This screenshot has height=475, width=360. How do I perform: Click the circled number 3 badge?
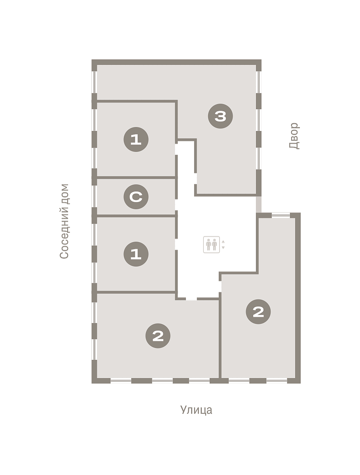point(220,116)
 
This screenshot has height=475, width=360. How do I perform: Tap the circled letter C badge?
point(136,196)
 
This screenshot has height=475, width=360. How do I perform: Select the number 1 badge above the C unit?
point(136,139)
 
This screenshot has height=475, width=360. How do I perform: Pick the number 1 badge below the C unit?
point(136,254)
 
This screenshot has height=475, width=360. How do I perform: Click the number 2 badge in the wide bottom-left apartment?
point(158,336)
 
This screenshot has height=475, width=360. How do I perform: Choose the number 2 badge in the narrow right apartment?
point(258,312)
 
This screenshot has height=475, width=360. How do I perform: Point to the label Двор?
point(294,136)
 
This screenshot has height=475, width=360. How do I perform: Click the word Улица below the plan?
point(196,410)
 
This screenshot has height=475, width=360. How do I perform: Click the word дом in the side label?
point(64,194)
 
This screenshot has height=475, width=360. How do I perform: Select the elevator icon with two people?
point(211,245)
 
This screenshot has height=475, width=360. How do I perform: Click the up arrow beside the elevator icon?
point(223,242)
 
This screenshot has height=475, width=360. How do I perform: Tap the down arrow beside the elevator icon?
point(223,247)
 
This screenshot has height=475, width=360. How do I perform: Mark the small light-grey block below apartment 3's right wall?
point(259,205)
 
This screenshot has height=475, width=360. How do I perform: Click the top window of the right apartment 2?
point(280,215)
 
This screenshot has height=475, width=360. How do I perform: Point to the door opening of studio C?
point(176,205)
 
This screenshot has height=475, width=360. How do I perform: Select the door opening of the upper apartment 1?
point(176,149)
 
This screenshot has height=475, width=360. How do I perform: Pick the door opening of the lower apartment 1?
point(176,244)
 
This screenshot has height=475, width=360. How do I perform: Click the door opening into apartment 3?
point(195,178)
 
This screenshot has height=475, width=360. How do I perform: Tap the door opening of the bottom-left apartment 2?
point(191,298)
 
